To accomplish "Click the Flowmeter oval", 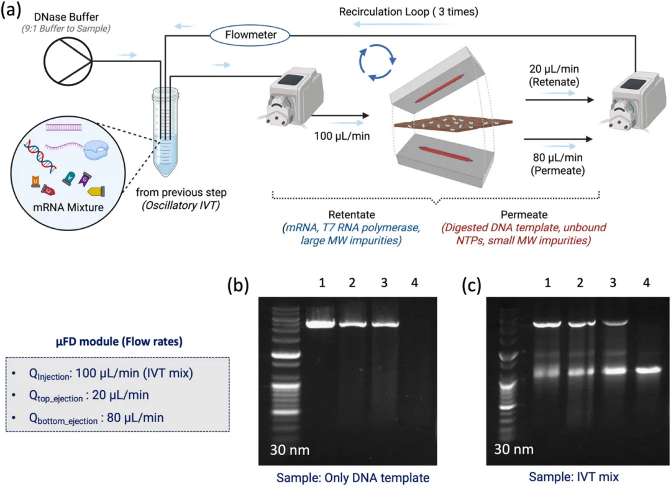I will pyautogui.click(x=252, y=35).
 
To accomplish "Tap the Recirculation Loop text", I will pyautogui.click(x=408, y=12).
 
